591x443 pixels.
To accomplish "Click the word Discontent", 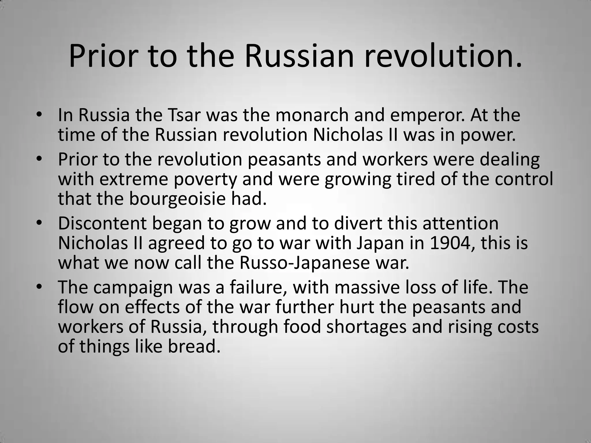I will coord(102,223).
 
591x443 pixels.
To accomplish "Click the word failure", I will coord(258,287).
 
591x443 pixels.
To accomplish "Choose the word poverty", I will coord(205,179).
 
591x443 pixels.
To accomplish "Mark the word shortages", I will coord(367,327).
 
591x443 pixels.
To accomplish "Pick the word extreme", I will coord(134,179).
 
